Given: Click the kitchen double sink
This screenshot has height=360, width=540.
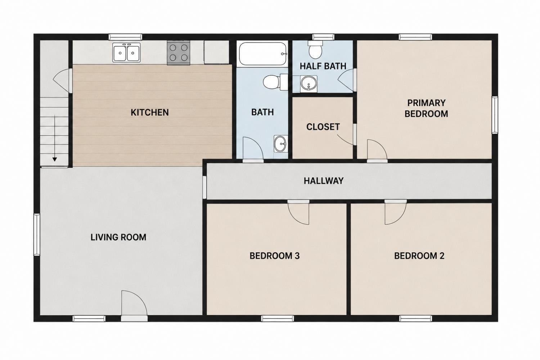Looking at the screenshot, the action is click(126, 53).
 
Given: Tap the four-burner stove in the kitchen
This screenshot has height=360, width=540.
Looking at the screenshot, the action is click(179, 53).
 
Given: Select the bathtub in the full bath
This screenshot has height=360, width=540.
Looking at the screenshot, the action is click(262, 54).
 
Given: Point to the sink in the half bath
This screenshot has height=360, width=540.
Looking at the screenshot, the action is click(309, 84).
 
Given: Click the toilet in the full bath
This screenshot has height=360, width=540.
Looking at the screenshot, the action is click(275, 82).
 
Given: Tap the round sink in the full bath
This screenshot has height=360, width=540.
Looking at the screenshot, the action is click(280, 144).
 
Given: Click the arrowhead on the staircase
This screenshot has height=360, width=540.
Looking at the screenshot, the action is click(55, 159).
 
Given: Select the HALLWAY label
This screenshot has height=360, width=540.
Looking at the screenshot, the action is click(324, 181).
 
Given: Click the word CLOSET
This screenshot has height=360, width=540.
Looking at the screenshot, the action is click(323, 127).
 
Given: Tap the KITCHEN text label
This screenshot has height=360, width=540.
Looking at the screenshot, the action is click(150, 113).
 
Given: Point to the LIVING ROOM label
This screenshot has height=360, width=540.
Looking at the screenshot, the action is click(118, 237).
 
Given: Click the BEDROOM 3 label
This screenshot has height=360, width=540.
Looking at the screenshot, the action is click(275, 256).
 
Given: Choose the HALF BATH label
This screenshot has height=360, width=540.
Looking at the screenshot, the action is click(323, 66).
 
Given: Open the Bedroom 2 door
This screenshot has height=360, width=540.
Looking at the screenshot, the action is click(395, 212).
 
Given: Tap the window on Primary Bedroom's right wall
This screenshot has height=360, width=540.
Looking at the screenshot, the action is click(495, 115).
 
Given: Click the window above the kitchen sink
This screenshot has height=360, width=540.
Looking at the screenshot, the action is click(125, 37).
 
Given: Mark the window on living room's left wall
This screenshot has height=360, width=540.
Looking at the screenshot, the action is click(37, 235).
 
